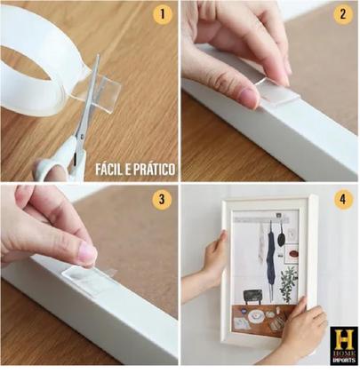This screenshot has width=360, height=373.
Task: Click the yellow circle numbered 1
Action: click(162, 14)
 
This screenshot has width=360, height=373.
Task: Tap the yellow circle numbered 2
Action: click(343, 14)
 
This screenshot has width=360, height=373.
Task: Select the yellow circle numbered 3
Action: click(162, 200)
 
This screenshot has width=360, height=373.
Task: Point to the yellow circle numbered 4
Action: click(343, 200)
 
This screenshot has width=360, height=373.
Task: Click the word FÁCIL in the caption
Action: click(108, 169)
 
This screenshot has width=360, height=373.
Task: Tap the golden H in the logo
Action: click(344, 338)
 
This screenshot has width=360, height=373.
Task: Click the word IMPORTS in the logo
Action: click(344, 361)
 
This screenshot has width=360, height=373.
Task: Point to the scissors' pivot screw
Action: click(81, 137)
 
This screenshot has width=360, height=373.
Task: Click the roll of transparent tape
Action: click(38, 60)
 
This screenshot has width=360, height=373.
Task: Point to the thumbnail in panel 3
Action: click(88, 254)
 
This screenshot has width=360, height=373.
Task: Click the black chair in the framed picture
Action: click(252, 296)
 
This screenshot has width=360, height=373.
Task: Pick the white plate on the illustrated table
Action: click(254, 316)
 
